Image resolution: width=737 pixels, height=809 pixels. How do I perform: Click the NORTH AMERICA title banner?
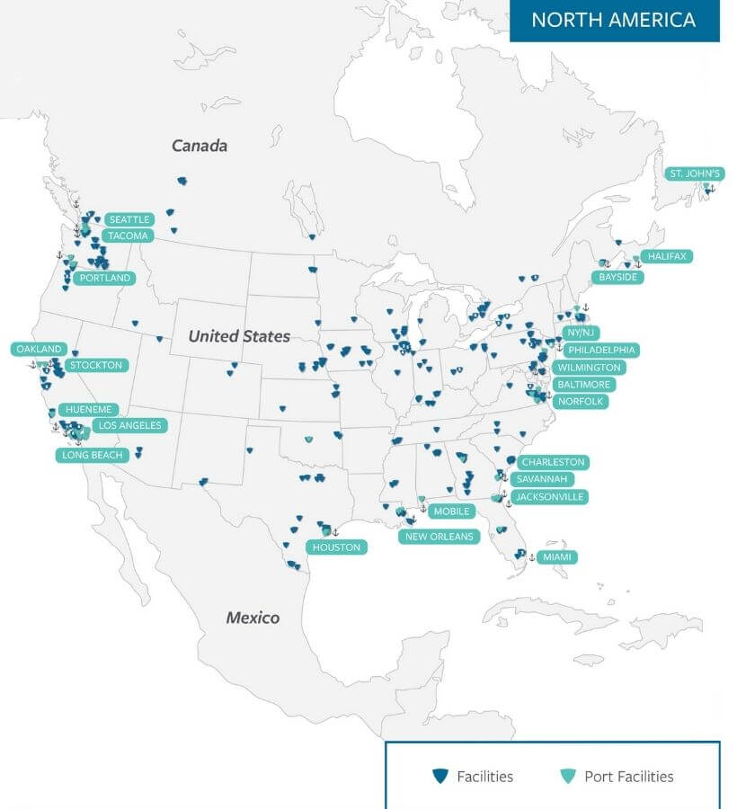614,20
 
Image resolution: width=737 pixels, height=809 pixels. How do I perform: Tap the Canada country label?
200,146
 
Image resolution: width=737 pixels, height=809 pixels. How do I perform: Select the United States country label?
239,336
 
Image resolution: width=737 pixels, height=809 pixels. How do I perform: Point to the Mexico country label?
253,618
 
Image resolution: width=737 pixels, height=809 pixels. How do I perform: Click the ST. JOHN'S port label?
695,173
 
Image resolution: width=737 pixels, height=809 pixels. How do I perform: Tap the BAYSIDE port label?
618,277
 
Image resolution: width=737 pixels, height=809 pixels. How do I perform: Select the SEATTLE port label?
129,219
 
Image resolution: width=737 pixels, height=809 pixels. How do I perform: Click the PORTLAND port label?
105,278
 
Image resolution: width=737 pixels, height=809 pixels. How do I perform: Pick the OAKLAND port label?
40,349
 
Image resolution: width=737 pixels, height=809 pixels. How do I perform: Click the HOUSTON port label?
337,547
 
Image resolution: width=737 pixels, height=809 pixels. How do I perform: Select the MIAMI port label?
557,557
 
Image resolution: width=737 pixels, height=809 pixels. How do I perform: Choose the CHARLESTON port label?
553,462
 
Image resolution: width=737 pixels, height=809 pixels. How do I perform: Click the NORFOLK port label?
581,401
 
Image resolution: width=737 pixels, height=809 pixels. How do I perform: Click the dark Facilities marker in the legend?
440,776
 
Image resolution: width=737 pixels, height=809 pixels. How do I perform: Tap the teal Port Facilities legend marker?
566,776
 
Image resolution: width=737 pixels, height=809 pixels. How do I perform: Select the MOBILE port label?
451,511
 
